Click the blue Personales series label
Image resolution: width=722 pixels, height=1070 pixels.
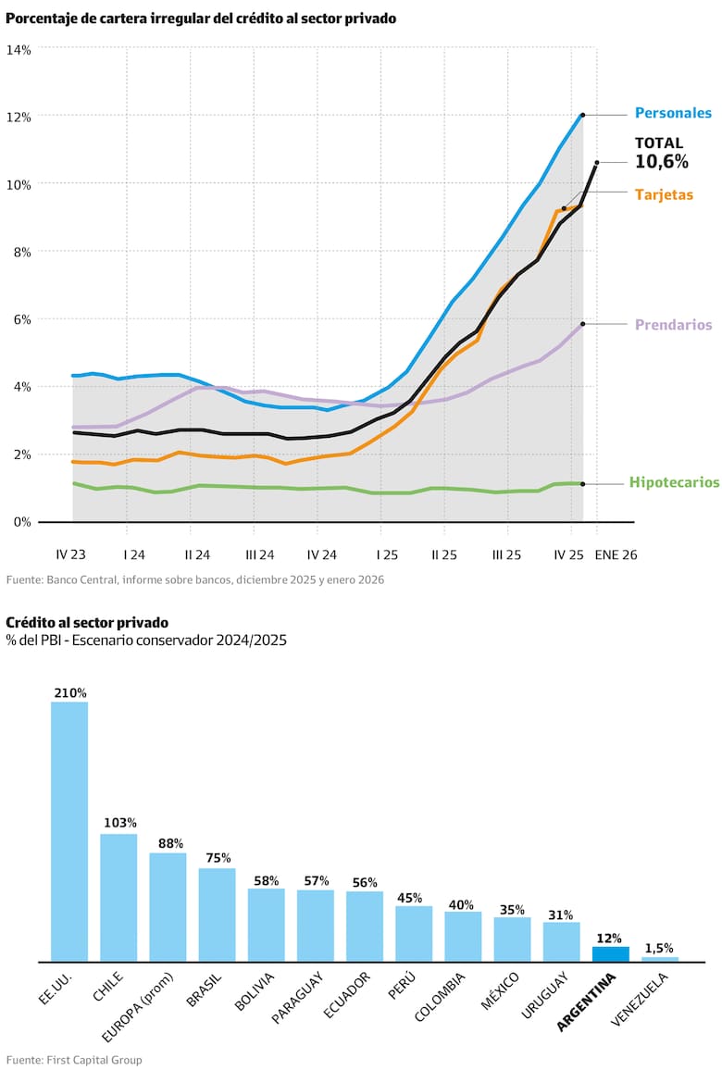coord(673,114)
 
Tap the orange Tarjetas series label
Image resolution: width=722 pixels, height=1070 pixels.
coord(664,195)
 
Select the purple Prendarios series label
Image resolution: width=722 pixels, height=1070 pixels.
coord(673,325)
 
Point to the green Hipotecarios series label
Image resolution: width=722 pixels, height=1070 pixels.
coord(674,482)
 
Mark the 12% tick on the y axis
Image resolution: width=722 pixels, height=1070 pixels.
coord(19,117)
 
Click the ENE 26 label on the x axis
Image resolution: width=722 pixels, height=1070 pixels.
coord(616,555)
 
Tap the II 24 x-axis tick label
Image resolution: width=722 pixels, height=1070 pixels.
coord(196,555)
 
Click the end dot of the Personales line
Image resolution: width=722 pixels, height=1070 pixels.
coord(582,115)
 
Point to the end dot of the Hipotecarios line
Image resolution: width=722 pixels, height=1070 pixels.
coord(582,484)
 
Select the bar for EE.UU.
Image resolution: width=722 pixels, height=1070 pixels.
coord(69,831)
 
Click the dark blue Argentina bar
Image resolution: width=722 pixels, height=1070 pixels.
coord(610,953)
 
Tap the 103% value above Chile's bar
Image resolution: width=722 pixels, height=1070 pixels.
coord(119,823)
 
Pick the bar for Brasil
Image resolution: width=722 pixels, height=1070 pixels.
coord(217,914)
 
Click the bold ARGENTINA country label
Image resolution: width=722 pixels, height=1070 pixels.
coord(587,1000)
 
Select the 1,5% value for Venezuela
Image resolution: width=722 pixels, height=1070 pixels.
coord(659,948)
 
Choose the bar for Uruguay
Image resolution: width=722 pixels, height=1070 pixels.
coord(561,941)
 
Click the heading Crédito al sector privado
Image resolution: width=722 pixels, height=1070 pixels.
coord(75,622)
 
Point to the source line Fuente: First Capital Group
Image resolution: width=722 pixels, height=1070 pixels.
coord(74,1059)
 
